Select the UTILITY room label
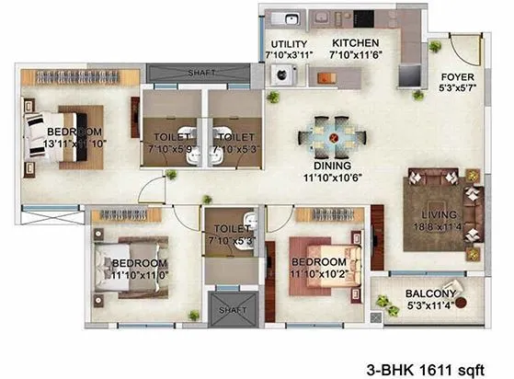(289, 44)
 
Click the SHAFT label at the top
(200, 74)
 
